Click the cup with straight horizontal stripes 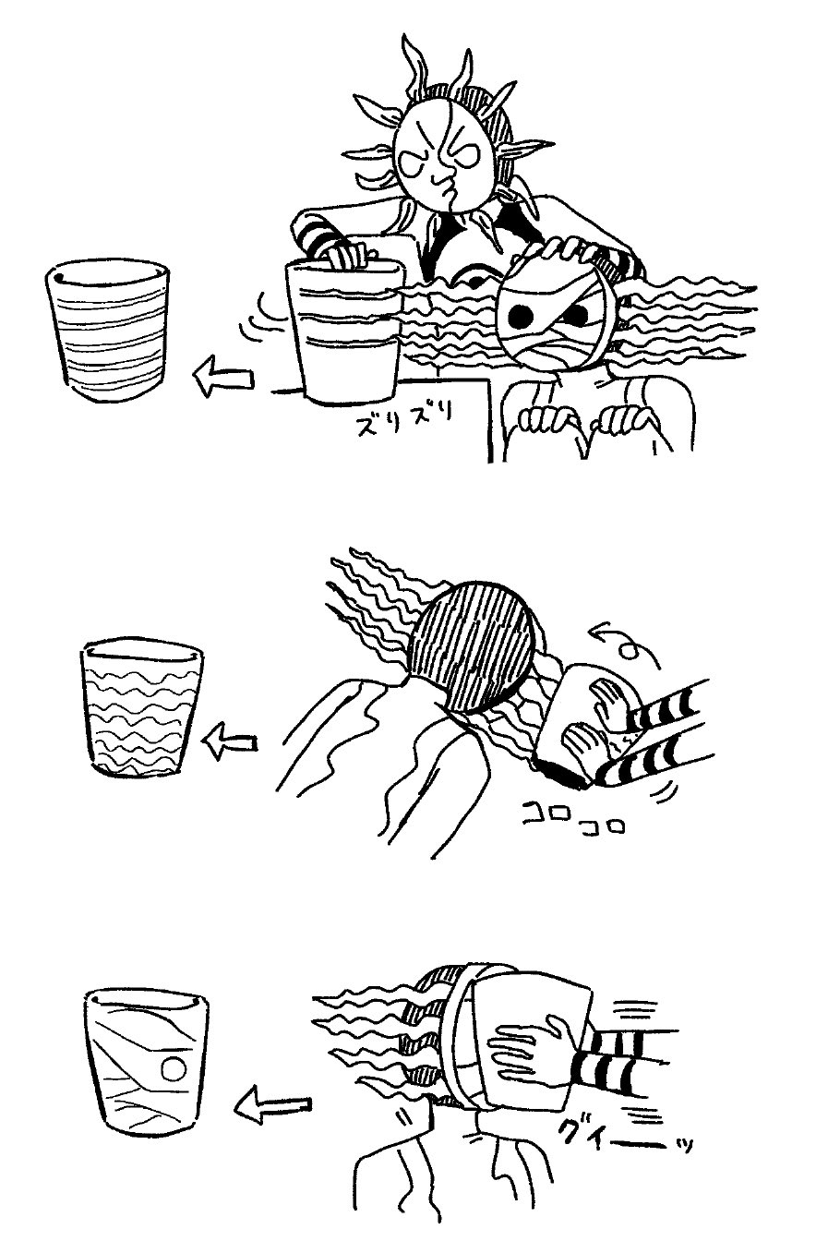click(x=107, y=331)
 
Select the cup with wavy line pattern click(x=142, y=707)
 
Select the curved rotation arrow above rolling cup click(x=626, y=643)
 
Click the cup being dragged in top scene click(x=346, y=331)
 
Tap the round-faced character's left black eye click(x=521, y=317)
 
